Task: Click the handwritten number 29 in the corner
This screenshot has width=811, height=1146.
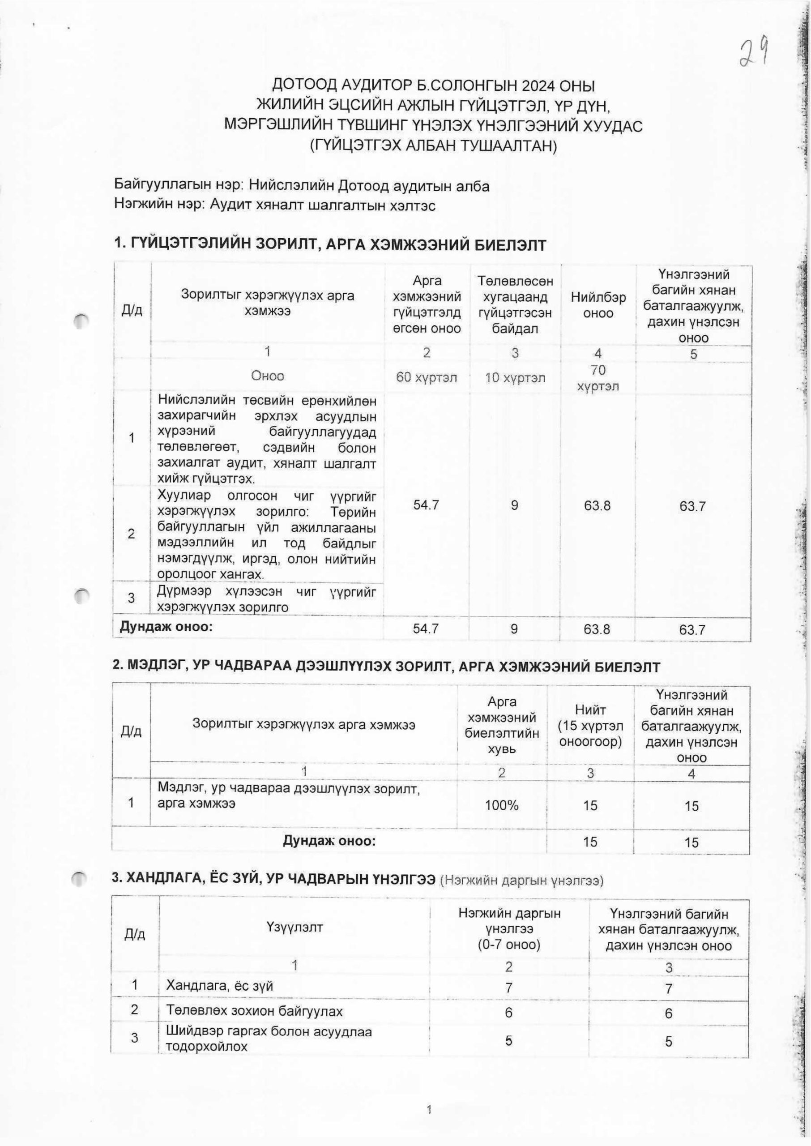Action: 754,54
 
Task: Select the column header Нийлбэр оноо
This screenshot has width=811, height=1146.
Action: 598,305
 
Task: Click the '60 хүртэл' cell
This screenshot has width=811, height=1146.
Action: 426,377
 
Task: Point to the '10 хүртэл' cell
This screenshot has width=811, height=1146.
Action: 514,377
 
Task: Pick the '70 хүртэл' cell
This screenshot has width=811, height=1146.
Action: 598,378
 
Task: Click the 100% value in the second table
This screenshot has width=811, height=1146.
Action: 501,805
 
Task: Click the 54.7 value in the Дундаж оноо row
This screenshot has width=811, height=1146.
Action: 426,629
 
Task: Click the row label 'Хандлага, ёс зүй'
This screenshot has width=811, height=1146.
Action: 219,986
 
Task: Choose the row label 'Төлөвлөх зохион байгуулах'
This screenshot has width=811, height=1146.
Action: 254,1012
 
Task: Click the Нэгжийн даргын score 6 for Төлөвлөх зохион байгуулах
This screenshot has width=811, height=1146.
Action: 508,1012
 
